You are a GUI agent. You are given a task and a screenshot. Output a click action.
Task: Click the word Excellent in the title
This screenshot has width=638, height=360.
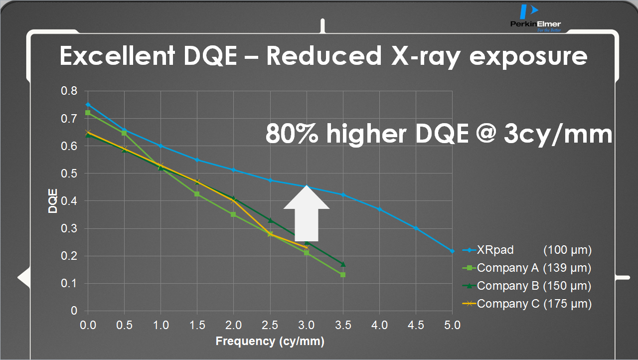116,56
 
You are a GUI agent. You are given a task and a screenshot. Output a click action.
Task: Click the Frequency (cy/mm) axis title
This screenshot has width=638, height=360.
270,342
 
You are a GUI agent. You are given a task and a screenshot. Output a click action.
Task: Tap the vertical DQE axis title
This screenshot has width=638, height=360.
53,201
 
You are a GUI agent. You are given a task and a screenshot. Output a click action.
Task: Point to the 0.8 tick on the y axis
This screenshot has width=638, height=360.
69,91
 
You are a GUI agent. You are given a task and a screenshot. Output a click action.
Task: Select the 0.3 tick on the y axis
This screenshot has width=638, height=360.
69,229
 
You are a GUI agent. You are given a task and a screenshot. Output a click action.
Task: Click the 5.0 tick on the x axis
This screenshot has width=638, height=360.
452,326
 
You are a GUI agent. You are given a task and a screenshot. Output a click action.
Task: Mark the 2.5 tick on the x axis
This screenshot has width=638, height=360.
270,326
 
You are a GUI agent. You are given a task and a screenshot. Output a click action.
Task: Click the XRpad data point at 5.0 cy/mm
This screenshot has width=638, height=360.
452,251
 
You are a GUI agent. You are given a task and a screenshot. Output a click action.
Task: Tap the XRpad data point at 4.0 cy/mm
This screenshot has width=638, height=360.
379,209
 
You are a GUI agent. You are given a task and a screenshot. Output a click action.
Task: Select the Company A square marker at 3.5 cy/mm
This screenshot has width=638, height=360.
343,275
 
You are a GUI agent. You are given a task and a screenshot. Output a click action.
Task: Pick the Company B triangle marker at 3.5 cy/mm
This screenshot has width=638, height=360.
343,264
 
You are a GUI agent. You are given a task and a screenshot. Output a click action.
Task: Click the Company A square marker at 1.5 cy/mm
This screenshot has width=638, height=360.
197,194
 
